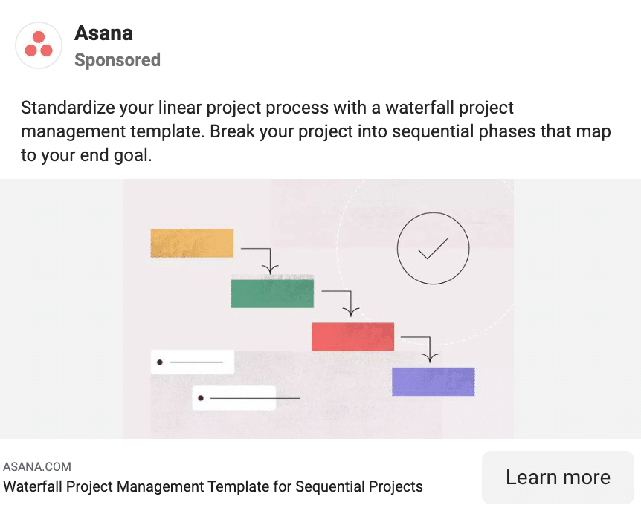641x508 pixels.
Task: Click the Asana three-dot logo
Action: [x=39, y=45]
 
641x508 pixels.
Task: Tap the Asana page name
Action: [x=103, y=33]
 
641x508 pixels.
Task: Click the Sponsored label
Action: [x=117, y=60]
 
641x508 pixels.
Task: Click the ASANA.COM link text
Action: [x=37, y=466]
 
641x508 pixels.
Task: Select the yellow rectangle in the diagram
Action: [x=192, y=243]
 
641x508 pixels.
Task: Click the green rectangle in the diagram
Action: [x=272, y=293]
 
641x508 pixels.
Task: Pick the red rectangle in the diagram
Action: [x=352, y=336]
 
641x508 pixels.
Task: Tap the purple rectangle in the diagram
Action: [x=434, y=382]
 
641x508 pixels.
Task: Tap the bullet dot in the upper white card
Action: [x=160, y=362]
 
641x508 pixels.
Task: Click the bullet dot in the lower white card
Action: [x=201, y=398]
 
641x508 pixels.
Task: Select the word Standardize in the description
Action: [x=68, y=108]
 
